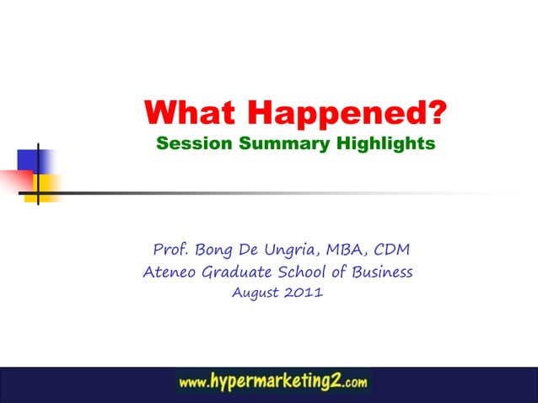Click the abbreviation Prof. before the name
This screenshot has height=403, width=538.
pos(171,250)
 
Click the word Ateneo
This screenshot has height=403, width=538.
pos(170,272)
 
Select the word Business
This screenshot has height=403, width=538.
pos(379,272)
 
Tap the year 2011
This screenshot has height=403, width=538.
pos(303,293)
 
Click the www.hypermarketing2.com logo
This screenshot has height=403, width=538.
pos(273,382)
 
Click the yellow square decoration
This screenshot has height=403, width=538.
pos(47,187)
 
